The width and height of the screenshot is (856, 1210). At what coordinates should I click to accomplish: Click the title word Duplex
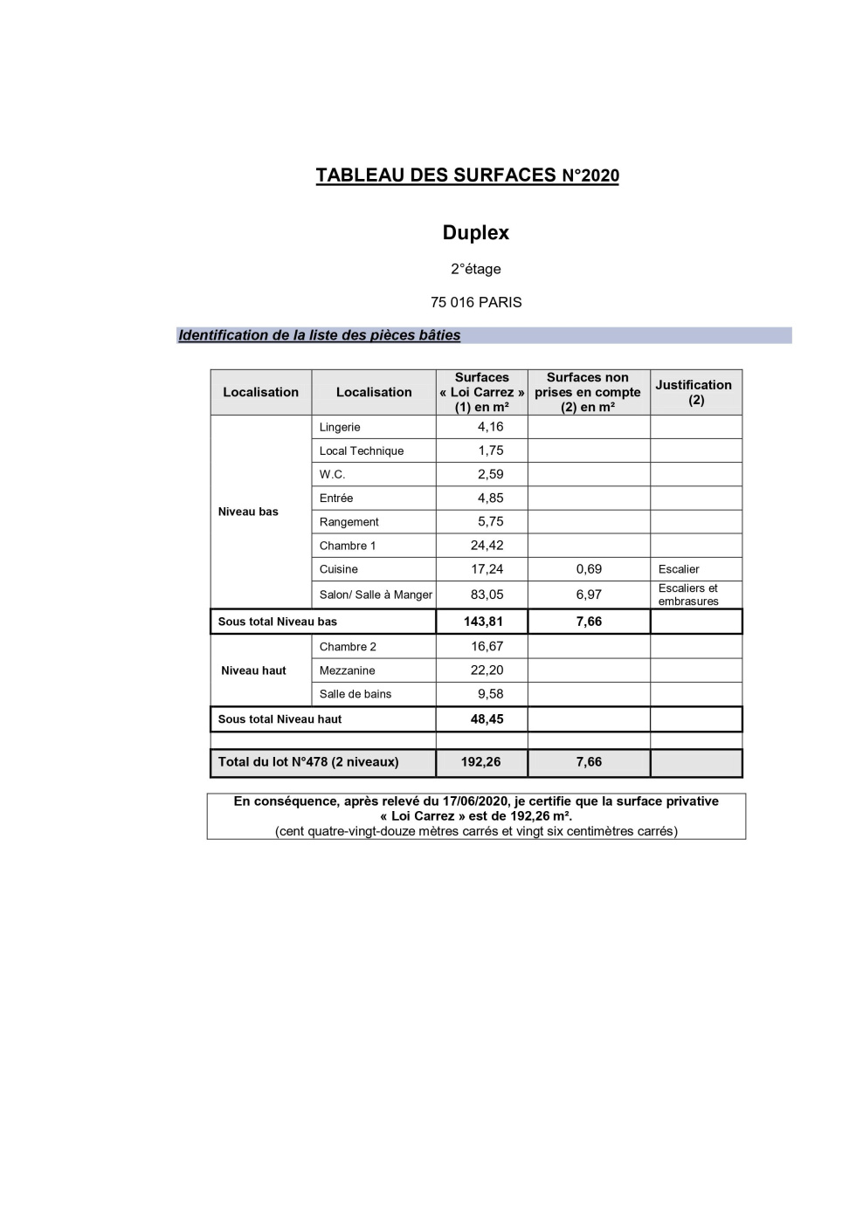[x=475, y=233]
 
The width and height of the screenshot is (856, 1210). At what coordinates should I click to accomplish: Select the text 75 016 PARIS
[x=476, y=302]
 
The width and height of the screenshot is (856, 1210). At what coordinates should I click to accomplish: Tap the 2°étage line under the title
[x=476, y=269]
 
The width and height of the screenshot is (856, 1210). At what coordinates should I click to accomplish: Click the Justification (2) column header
[x=694, y=392]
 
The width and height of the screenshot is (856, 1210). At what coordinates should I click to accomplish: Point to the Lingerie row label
[x=340, y=427]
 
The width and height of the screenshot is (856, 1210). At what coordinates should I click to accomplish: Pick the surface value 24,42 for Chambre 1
[x=487, y=546]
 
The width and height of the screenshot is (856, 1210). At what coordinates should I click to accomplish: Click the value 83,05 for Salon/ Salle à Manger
[x=487, y=595]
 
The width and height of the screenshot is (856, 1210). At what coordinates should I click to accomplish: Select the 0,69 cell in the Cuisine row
[x=589, y=569]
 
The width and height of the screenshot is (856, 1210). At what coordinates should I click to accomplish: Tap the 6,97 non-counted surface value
[x=589, y=595]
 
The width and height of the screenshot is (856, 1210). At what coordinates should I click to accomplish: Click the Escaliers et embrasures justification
[x=688, y=595]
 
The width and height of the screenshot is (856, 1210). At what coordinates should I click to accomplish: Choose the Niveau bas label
[x=248, y=512]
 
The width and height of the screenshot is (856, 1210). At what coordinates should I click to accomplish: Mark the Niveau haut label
[x=253, y=670]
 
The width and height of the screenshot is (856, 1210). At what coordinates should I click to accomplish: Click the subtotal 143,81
[x=483, y=622]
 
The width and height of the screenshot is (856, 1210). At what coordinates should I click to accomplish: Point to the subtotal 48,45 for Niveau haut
[x=487, y=719]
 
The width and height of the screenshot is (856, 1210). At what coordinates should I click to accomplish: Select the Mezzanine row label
[x=347, y=670]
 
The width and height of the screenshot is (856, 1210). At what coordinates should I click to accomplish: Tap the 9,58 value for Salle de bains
[x=490, y=694]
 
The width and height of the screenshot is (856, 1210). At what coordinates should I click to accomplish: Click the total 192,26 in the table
[x=481, y=762]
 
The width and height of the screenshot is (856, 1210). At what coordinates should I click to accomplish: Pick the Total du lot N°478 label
[x=308, y=762]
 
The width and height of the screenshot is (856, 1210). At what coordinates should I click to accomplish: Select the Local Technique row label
[x=362, y=450]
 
